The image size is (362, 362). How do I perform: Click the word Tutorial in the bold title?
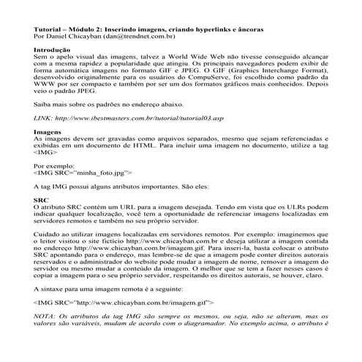(x=48, y=29)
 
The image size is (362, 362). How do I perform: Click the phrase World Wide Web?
(x=195, y=57)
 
